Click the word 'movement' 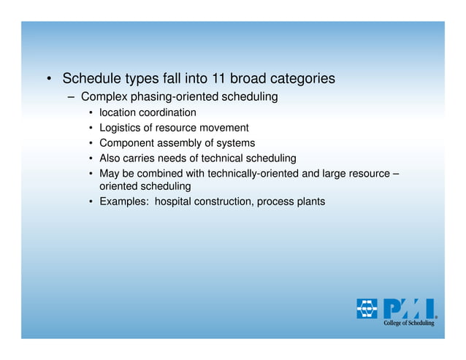(225, 128)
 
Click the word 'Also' (110, 158)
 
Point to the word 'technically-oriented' (250, 174)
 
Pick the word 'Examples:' (123, 202)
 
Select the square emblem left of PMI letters (367, 309)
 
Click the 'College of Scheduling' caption (410, 323)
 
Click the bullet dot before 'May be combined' (90, 174)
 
